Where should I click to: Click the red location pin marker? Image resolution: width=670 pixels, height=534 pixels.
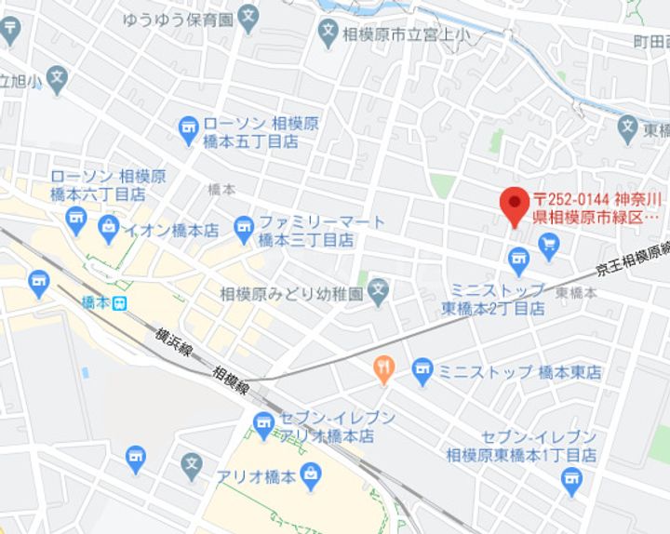[513, 203]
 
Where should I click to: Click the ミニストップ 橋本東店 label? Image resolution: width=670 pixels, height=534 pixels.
[520, 371]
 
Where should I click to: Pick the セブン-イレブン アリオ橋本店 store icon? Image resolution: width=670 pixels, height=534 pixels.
[264, 425]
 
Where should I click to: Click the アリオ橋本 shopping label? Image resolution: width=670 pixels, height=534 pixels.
[256, 476]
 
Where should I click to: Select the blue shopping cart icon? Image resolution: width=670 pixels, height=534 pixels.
[548, 245]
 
